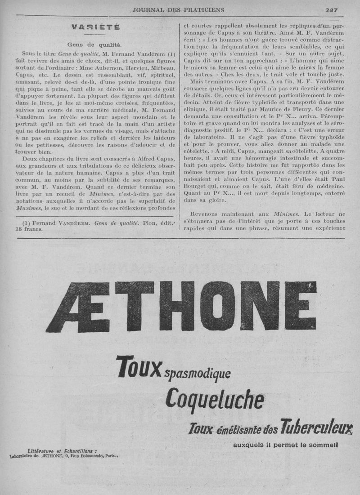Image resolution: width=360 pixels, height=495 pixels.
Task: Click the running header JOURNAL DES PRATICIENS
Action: (x=178, y=9)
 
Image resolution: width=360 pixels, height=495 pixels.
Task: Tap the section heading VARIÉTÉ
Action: (x=95, y=27)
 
